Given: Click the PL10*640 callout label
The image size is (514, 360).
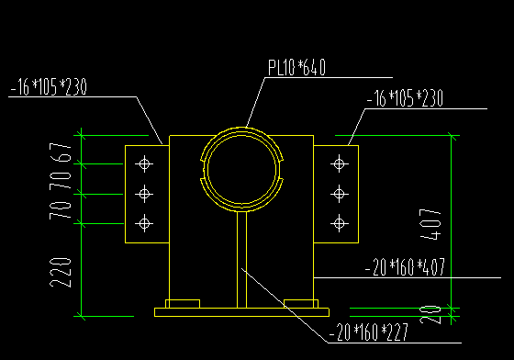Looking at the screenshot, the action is coord(297,68).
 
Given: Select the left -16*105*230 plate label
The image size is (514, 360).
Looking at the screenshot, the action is coord(49,87).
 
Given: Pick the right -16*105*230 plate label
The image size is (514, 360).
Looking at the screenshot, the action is coord(405,98).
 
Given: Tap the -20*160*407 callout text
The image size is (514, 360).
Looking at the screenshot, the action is coord(405,267).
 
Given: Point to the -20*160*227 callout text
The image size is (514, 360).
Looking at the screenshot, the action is coord(369,332).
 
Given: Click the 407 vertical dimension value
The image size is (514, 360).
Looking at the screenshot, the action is coord(430,224).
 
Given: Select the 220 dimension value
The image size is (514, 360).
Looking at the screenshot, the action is coord(61,273).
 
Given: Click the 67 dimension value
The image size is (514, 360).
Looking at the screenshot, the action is coord(61,152).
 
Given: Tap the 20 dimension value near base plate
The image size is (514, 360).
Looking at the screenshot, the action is coord(430,314).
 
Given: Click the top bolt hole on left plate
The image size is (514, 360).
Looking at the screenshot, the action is coord(144,164).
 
